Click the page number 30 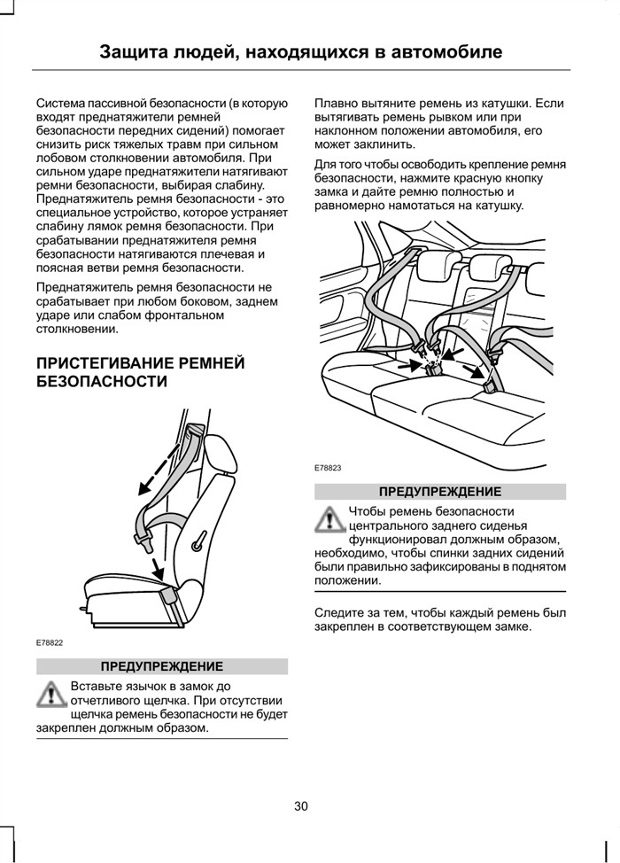(301, 806)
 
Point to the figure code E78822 (50, 642)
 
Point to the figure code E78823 (328, 468)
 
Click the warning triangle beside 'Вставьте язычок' (50, 694)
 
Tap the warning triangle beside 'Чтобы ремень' (329, 519)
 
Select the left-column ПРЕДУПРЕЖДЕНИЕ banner (162, 666)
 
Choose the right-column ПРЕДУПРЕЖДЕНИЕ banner (440, 492)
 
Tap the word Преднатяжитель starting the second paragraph (87, 287)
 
